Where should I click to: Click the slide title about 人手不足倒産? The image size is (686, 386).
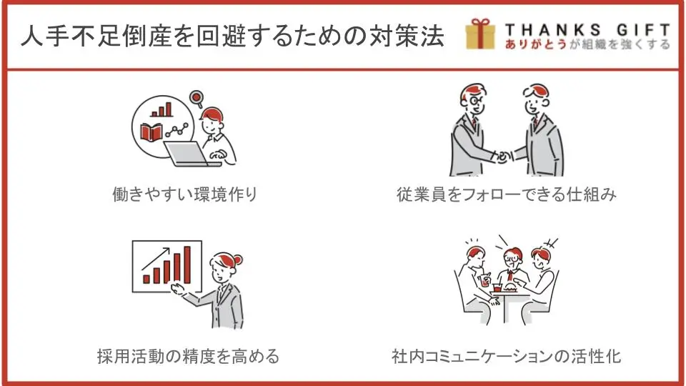tap(233, 36)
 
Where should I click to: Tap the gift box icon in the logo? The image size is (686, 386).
tap(480, 34)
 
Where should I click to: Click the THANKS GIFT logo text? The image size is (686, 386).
tap(587, 30)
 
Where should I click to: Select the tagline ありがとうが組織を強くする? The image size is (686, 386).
tap(587, 44)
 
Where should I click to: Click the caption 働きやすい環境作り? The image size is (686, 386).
tap(184, 194)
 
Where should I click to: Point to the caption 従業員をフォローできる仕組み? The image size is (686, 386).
tap(507, 194)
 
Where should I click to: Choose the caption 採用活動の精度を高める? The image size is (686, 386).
tap(188, 356)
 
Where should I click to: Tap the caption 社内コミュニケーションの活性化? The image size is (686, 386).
tap(506, 356)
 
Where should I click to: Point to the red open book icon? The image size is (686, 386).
tap(151, 132)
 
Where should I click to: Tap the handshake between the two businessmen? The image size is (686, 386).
tap(504, 156)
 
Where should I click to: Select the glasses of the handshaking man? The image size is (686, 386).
tap(474, 101)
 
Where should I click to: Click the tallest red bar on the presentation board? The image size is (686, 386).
tap(187, 265)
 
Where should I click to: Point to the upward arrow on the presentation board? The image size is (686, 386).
tap(155, 259)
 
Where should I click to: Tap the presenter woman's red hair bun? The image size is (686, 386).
tap(237, 260)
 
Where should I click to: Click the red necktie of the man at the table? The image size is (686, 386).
tap(510, 276)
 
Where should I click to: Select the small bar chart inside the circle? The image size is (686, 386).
tap(161, 110)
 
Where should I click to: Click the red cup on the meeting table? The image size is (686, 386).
tap(497, 287)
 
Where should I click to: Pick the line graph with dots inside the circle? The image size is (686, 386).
tap(177, 130)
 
